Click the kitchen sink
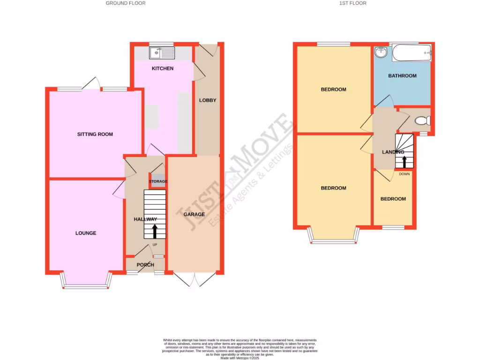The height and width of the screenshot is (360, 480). [162, 53]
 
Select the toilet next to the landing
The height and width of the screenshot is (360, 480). [423, 121]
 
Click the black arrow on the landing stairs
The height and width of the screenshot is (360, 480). [405, 162]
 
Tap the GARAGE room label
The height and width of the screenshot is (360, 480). [194, 214]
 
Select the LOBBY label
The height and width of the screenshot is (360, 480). [208, 100]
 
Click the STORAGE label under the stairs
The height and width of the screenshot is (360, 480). [158, 181]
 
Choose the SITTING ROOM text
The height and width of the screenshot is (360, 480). [95, 135]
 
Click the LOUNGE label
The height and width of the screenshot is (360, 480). [86, 233]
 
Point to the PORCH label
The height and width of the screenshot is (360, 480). [145, 265]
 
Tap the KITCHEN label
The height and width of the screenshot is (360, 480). [163, 68]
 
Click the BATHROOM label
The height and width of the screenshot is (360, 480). [402, 76]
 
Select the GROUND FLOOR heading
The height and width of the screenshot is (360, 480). [126, 3]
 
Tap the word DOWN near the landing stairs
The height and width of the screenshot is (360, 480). [404, 174]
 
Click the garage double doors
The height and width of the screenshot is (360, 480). [194, 279]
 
